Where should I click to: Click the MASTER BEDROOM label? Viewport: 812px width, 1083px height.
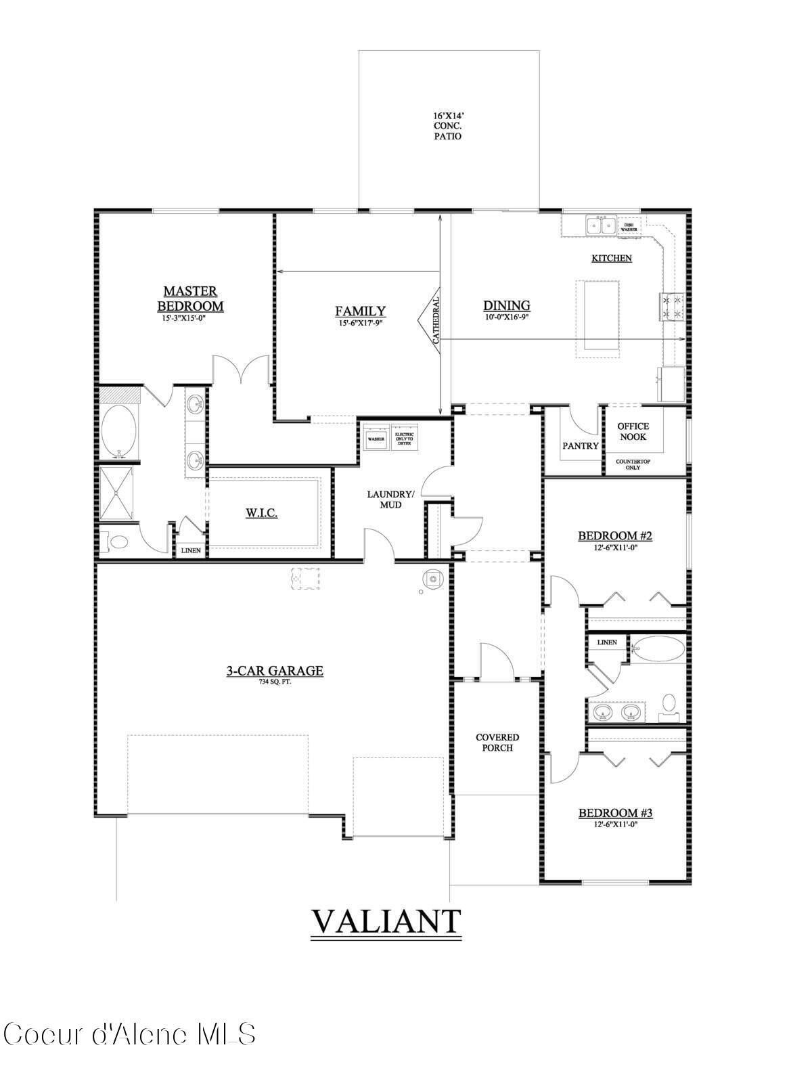[x=190, y=299]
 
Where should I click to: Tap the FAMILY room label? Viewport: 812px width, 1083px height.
[x=360, y=311]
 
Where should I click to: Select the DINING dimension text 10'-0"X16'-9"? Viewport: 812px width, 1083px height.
[x=505, y=317]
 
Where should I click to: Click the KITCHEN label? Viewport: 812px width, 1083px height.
[x=612, y=258]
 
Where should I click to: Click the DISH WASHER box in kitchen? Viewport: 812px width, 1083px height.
[x=629, y=227]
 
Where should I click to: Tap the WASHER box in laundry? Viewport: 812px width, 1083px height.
[x=376, y=439]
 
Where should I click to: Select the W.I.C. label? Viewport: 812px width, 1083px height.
[x=261, y=513]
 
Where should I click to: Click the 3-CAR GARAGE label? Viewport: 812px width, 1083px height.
[x=274, y=671]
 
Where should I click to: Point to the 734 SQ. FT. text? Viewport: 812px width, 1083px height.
[x=274, y=682]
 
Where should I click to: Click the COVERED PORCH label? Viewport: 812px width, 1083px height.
[x=497, y=743]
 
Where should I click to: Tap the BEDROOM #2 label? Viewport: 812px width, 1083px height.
[x=614, y=536]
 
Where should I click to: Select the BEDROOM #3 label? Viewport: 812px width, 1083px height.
[x=614, y=813]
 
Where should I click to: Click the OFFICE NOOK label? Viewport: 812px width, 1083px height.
[x=633, y=431]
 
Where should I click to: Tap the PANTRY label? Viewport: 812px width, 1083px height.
[x=581, y=445]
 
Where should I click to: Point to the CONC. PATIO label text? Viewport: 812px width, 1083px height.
[x=448, y=131]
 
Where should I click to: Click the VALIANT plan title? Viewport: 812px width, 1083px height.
[x=386, y=921]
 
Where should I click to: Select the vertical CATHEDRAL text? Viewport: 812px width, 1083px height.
[x=436, y=319]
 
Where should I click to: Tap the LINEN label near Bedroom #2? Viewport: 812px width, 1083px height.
[x=607, y=642]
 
